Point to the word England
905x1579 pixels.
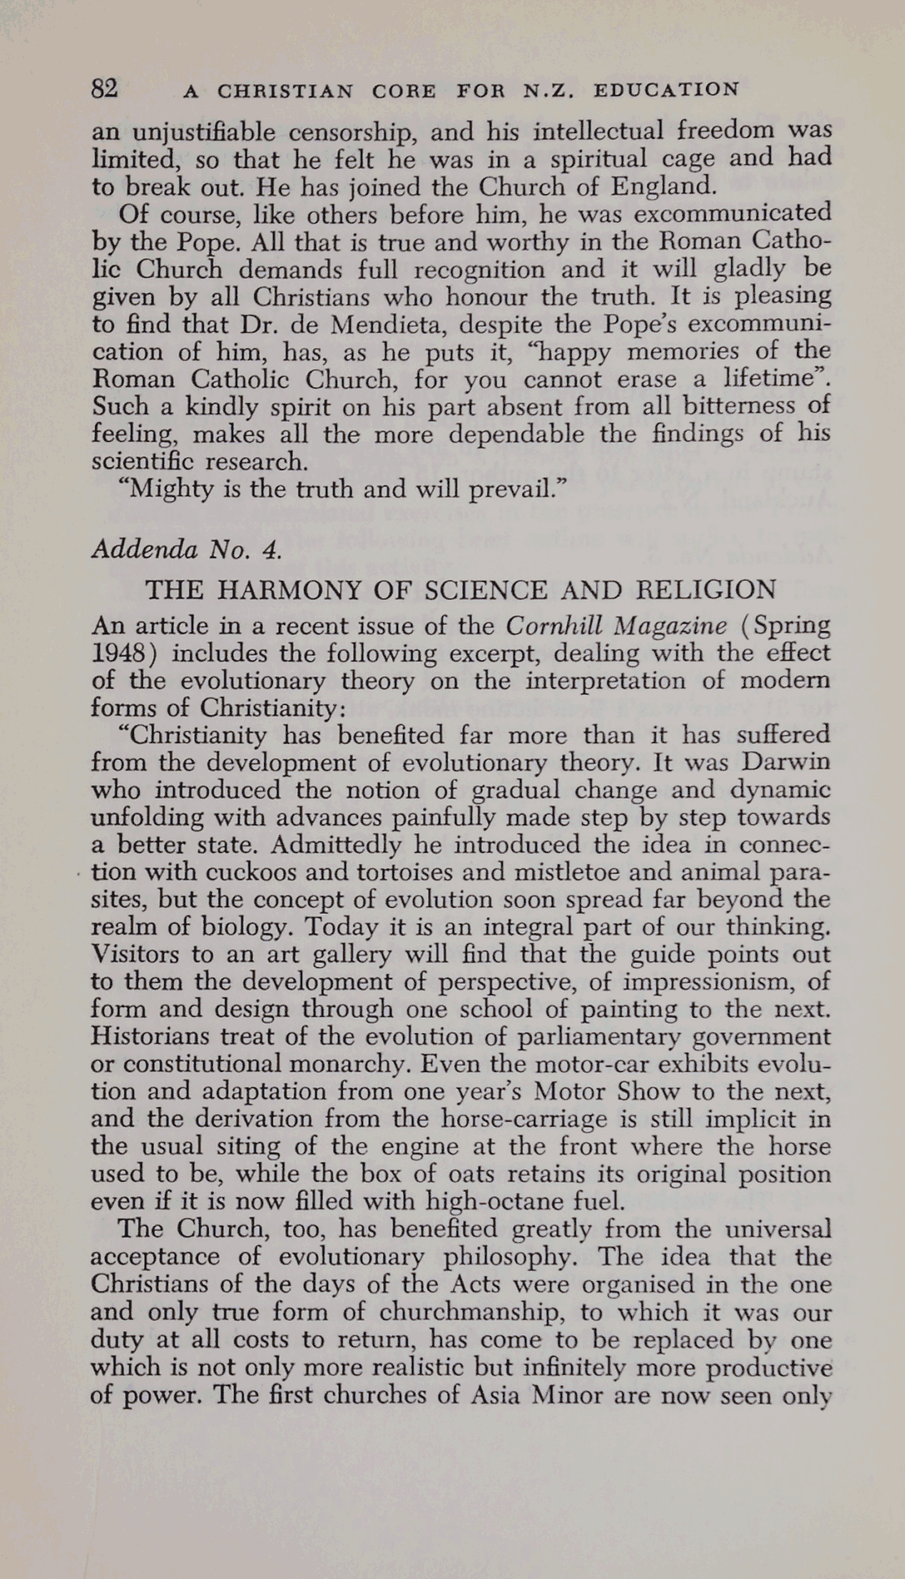663,187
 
